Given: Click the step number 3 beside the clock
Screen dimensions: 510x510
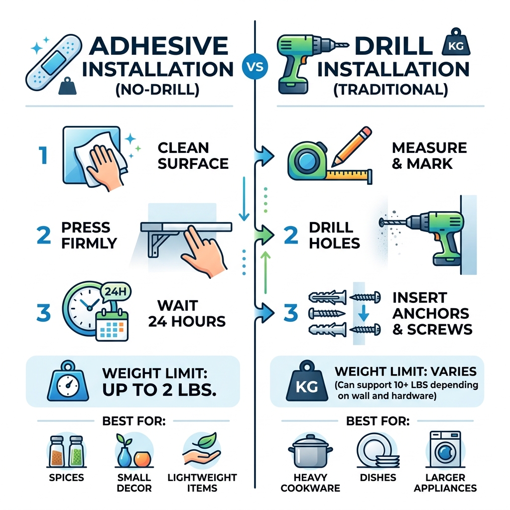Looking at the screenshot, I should [x=43, y=314].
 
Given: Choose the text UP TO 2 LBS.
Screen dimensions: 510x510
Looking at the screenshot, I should [x=158, y=390].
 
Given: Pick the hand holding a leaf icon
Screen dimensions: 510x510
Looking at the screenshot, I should [x=201, y=450].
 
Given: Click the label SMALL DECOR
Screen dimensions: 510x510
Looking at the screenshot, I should [x=134, y=483].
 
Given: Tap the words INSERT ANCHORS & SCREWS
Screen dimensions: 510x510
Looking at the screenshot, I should [x=431, y=314].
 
